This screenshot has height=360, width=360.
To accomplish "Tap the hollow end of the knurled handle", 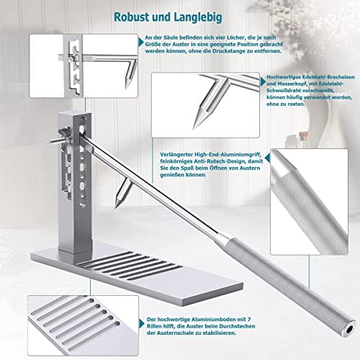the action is (x=351, y=328).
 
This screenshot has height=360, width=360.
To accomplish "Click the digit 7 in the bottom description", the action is (x=249, y=320).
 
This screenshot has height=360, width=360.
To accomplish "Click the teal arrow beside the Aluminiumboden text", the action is (x=142, y=324).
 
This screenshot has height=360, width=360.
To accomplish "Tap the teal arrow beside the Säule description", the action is (x=141, y=42).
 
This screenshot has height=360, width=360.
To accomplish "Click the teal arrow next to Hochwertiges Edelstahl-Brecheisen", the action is (x=264, y=82).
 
